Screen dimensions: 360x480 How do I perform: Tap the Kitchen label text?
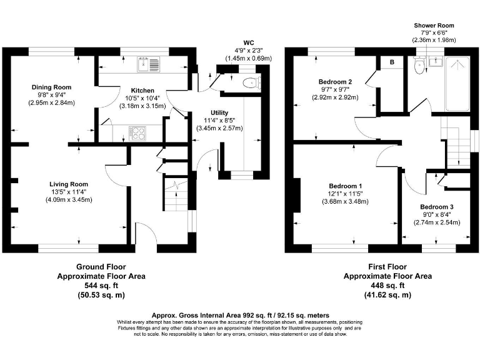(142, 90)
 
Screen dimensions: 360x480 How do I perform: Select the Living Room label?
(69, 184)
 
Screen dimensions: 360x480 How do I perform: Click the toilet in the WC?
(252, 82)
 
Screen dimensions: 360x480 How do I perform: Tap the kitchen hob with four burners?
(137, 132)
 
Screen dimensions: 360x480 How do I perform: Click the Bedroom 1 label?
(345, 186)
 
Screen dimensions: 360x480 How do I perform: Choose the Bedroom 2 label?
(336, 82)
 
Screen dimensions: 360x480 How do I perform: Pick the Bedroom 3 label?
(436, 207)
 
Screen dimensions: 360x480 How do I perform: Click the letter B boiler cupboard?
(392, 62)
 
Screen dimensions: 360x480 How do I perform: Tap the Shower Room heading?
(434, 26)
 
